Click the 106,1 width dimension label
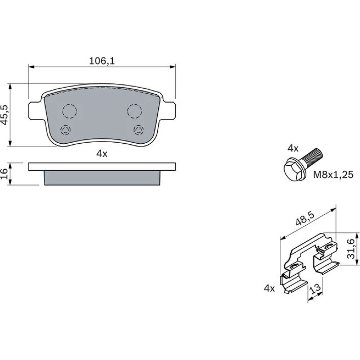(102, 61)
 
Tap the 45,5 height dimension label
(5, 115)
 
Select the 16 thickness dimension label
(5, 174)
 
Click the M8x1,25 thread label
(333, 175)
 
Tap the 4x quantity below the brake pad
(102, 154)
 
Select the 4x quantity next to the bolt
(293, 149)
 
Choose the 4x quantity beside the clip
(269, 288)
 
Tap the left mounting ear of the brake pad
(36, 111)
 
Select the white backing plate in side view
(102, 167)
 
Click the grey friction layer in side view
(102, 178)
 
